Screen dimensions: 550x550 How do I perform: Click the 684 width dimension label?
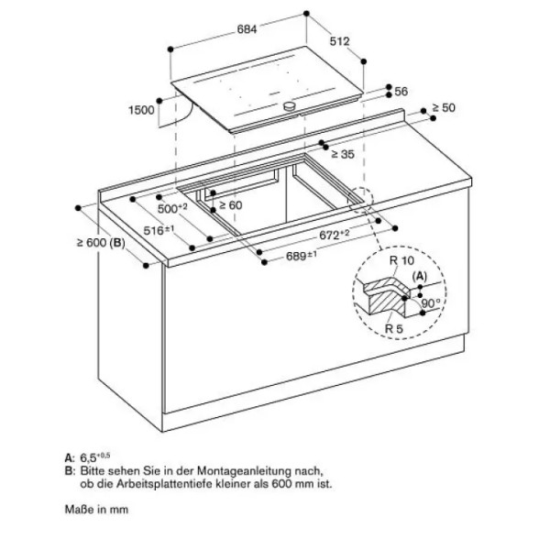tap(247, 29)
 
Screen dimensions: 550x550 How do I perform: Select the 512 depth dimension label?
tap(339, 41)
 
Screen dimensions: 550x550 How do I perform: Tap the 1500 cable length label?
tap(141, 110)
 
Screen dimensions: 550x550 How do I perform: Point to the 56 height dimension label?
tap(401, 92)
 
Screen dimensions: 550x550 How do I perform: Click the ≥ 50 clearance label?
tap(444, 107)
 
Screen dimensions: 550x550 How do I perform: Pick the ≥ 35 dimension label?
tap(343, 154)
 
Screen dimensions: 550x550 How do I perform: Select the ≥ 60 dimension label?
tap(230, 205)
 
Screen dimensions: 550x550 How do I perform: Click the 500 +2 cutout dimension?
tap(172, 208)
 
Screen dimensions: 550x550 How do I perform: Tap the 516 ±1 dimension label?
tap(159, 230)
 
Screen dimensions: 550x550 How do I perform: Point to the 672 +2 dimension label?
tap(335, 235)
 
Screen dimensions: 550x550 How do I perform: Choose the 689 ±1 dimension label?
tap(302, 256)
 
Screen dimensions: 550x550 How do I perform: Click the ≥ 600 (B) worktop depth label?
tap(101, 242)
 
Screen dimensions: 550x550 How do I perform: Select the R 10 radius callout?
tap(401, 260)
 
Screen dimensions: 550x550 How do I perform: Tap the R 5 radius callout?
tap(394, 329)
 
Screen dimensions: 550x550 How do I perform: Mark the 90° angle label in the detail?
tap(431, 302)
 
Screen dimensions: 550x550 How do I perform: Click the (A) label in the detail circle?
tap(420, 277)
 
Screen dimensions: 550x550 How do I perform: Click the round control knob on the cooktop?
tap(290, 105)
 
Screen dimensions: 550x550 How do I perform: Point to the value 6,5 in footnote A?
tap(88, 457)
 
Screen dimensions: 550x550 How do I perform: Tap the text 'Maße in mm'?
tap(96, 510)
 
